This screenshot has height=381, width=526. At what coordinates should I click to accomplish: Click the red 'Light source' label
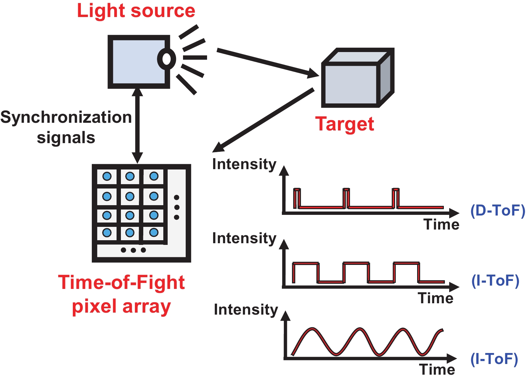[136, 11]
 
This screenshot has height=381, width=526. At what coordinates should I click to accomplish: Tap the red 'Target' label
[344, 124]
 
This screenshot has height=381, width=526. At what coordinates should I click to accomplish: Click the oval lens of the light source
[166, 59]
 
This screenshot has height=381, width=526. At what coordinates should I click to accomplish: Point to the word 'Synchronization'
[66, 117]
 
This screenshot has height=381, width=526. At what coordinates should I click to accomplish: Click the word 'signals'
[66, 137]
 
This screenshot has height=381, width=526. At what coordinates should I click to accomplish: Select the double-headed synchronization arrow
[137, 125]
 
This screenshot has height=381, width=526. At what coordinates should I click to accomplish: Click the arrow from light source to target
[267, 62]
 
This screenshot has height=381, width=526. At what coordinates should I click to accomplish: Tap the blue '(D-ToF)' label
[498, 211]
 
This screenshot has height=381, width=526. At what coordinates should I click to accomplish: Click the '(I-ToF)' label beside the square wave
[495, 281]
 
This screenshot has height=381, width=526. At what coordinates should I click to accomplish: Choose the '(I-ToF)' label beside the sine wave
[494, 359]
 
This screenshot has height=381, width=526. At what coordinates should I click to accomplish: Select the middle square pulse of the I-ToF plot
[356, 272]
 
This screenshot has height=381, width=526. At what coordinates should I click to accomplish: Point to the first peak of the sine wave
[312, 329]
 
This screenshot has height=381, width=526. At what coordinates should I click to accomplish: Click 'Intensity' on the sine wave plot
[246, 310]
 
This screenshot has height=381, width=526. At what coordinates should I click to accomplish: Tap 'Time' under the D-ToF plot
[441, 225]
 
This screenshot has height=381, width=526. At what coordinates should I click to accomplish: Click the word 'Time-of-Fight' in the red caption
[121, 283]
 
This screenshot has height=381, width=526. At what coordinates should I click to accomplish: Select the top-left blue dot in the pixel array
[107, 176]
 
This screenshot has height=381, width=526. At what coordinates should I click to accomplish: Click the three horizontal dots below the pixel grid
[133, 250]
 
